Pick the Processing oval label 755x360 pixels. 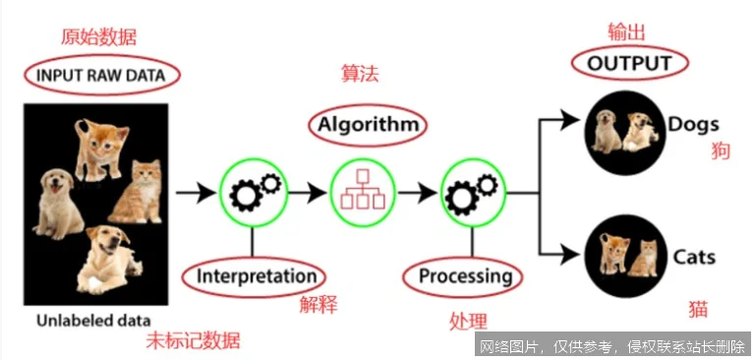click(x=465, y=275)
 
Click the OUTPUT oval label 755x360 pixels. click(x=630, y=65)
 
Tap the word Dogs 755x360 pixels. click(x=694, y=125)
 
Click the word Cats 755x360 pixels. click(x=694, y=258)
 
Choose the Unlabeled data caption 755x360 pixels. click(x=94, y=321)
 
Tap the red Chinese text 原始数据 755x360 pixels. click(x=97, y=37)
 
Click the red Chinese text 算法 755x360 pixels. click(x=360, y=75)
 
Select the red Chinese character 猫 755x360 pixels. click(x=698, y=309)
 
